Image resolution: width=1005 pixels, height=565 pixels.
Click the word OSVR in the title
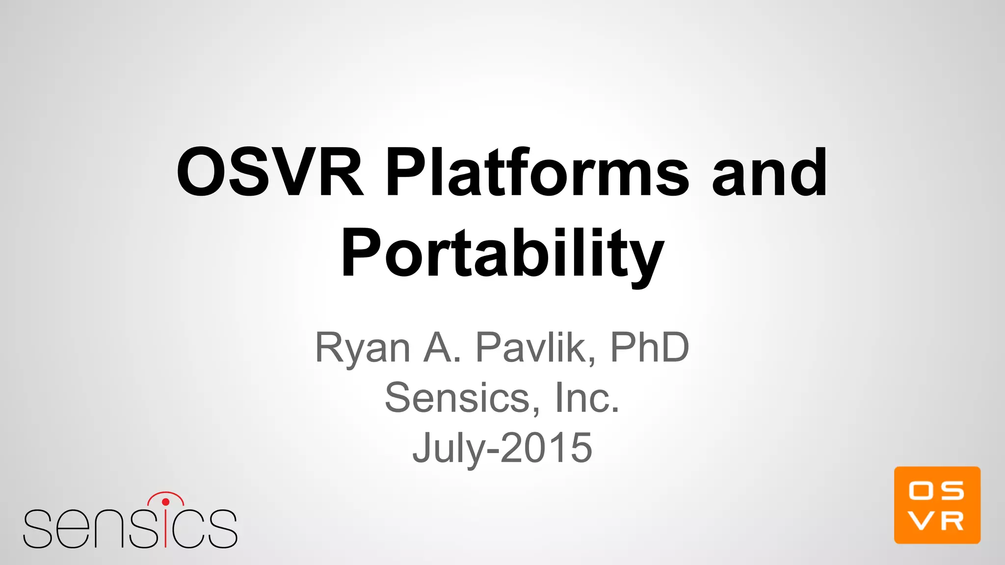(270, 173)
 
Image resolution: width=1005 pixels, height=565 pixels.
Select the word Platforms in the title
(537, 173)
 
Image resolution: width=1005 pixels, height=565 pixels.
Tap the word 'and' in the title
(769, 173)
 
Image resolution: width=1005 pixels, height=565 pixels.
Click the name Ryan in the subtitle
(362, 348)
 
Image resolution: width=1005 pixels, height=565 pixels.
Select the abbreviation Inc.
(587, 398)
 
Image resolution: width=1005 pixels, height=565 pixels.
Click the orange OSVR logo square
(937, 505)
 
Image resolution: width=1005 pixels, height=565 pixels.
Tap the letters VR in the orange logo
(936, 522)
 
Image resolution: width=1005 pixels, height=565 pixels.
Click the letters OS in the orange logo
(936, 490)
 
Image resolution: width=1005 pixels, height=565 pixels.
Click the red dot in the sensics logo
(165, 502)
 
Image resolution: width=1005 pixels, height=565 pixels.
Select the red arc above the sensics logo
(165, 493)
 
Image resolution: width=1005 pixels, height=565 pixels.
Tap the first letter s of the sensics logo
(37, 530)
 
